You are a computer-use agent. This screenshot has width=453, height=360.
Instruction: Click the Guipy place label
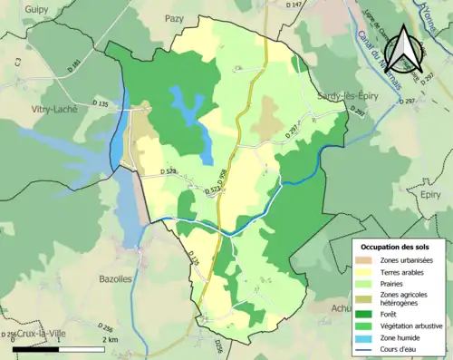click(36, 9)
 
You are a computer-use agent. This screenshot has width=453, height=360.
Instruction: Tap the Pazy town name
click(174, 17)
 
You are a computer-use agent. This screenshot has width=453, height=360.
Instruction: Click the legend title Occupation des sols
click(395, 246)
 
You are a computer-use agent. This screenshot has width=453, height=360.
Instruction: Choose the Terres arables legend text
click(404, 271)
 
